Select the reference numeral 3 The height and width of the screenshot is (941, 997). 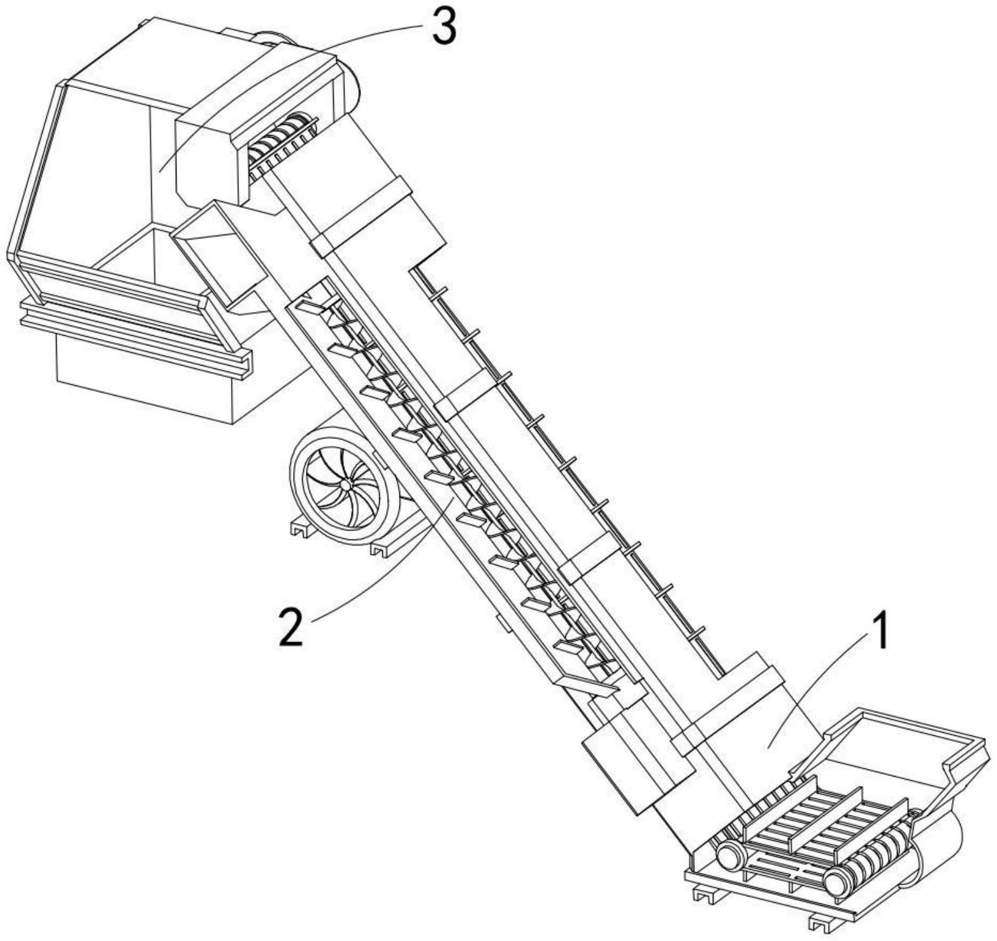pyautogui.click(x=444, y=27)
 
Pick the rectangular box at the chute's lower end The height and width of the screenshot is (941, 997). pyautogui.click(x=637, y=771)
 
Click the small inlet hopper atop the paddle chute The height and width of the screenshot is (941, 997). pyautogui.click(x=217, y=248)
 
